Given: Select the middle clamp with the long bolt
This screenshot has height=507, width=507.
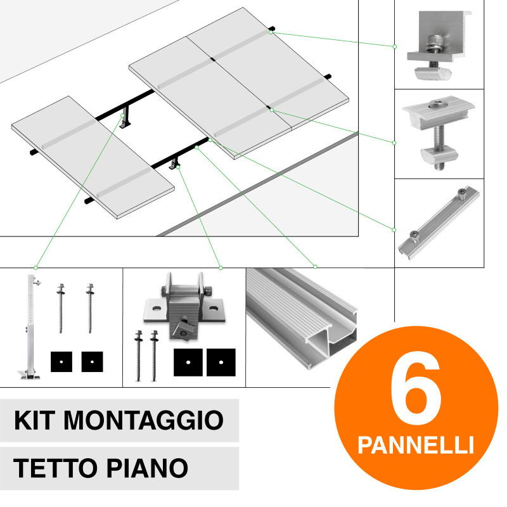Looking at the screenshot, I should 435,134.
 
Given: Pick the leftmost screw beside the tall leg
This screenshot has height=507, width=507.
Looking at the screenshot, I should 63,307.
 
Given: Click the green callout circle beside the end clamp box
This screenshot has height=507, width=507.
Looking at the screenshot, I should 394,46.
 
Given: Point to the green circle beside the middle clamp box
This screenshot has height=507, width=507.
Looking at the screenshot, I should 394,141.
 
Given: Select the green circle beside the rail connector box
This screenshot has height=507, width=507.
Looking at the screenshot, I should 394,229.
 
